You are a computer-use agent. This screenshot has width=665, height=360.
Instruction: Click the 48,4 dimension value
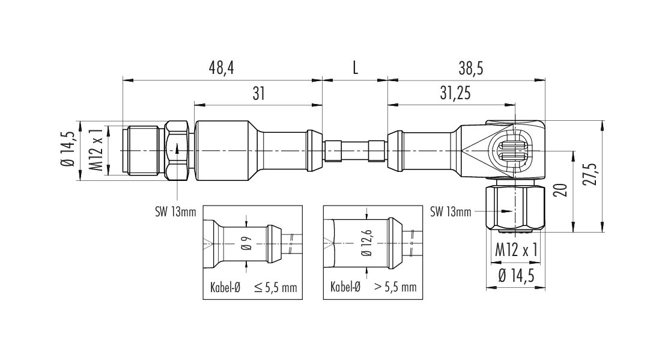coord(222,69)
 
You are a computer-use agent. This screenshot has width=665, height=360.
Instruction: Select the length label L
coord(355,69)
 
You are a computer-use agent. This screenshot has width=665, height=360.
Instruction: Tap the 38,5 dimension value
coord(471,69)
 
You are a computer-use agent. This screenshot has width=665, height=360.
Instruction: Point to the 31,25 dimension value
coord(455,93)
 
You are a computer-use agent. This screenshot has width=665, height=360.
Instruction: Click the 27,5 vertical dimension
coord(591,174)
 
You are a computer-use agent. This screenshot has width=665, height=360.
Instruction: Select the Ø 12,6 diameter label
coord(367,243)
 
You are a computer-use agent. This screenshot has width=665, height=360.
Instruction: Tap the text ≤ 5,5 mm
coord(276,287)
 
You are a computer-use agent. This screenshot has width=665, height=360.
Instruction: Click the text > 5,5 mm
coord(395,287)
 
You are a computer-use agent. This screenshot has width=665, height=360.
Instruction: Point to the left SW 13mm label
coord(175,212)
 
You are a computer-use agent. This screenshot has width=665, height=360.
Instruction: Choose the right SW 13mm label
coord(451,212)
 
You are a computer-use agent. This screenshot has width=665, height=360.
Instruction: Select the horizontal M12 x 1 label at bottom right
coord(517,251)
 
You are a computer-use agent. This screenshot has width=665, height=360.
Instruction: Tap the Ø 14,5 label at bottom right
coord(516,275)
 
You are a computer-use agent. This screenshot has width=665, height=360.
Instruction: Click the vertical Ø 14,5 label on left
coord(68,150)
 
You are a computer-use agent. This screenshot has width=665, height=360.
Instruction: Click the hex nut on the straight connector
coord(177,151)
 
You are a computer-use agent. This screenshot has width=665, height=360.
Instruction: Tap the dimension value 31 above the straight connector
coord(259,93)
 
